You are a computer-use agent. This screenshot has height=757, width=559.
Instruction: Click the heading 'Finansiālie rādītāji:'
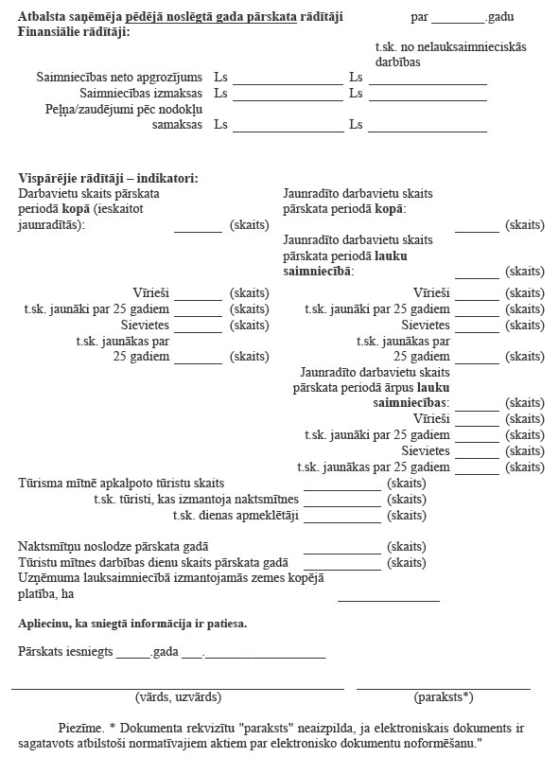pos(74,32)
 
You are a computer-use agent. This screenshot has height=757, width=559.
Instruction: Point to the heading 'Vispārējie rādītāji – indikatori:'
pos(108,179)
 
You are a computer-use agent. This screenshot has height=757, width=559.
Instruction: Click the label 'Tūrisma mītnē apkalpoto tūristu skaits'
pos(121,484)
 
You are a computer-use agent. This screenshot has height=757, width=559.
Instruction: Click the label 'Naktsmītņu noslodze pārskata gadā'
pos(114,547)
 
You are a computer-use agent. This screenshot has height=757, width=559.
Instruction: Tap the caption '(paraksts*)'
pos(443,697)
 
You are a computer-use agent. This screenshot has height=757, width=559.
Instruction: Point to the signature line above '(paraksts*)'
pos(443,688)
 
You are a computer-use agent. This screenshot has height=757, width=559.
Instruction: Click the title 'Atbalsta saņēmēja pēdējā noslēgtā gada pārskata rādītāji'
pos(181,17)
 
